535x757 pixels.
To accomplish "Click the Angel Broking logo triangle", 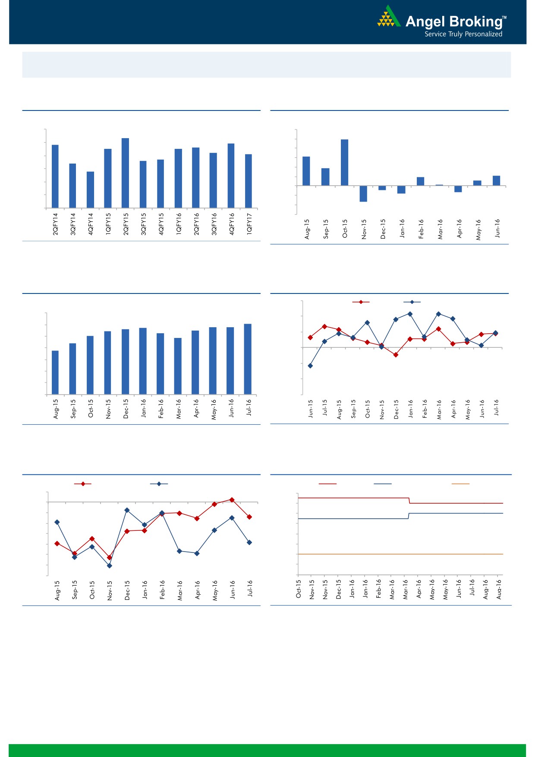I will [x=389, y=17].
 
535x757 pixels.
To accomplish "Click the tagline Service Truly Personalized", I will [x=463, y=34].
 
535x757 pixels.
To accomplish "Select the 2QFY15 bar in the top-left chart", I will [x=125, y=173].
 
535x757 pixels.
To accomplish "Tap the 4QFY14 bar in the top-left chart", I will [x=90, y=190].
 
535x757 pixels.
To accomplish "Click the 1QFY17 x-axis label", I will [x=249, y=224].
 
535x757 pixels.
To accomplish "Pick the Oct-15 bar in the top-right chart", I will [x=344, y=162].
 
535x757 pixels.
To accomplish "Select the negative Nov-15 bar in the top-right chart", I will [x=363, y=194].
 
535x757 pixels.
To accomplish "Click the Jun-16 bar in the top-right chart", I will [x=496, y=180].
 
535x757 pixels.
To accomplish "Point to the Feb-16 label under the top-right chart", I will [x=421, y=229].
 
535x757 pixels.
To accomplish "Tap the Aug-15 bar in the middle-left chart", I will [x=55, y=372].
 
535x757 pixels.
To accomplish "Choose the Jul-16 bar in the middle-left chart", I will [x=248, y=359].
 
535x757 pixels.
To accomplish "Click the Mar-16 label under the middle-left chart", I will [x=178, y=408].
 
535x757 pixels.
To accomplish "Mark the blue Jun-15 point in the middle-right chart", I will [x=310, y=366].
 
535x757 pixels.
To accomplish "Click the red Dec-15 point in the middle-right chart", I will [x=396, y=355].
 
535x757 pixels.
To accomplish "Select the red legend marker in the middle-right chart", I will [x=361, y=302].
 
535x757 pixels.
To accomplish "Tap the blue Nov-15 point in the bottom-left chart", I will [x=109, y=566].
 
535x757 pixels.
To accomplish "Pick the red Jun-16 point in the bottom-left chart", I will [x=232, y=500].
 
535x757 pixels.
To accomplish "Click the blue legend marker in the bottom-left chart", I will [x=159, y=484].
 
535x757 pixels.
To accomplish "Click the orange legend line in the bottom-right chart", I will [x=460, y=484].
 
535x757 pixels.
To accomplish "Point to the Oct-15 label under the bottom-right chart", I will [x=299, y=589].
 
